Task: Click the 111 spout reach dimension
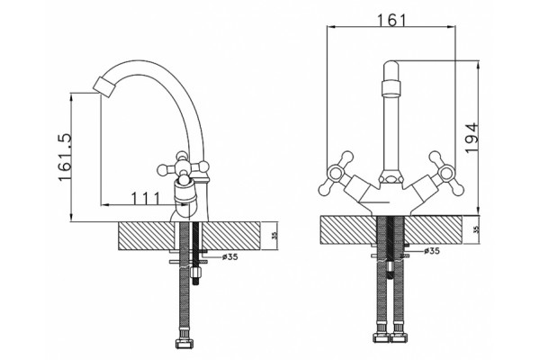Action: (x=146, y=199)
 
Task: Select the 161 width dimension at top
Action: (x=391, y=21)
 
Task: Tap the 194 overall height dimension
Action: (x=471, y=137)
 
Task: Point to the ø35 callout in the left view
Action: (x=230, y=256)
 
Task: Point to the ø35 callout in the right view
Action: (x=432, y=251)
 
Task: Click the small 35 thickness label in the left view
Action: (x=274, y=236)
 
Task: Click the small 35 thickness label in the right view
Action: (x=476, y=229)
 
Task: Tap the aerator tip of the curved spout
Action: (x=104, y=85)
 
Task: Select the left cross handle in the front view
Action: (x=336, y=173)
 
